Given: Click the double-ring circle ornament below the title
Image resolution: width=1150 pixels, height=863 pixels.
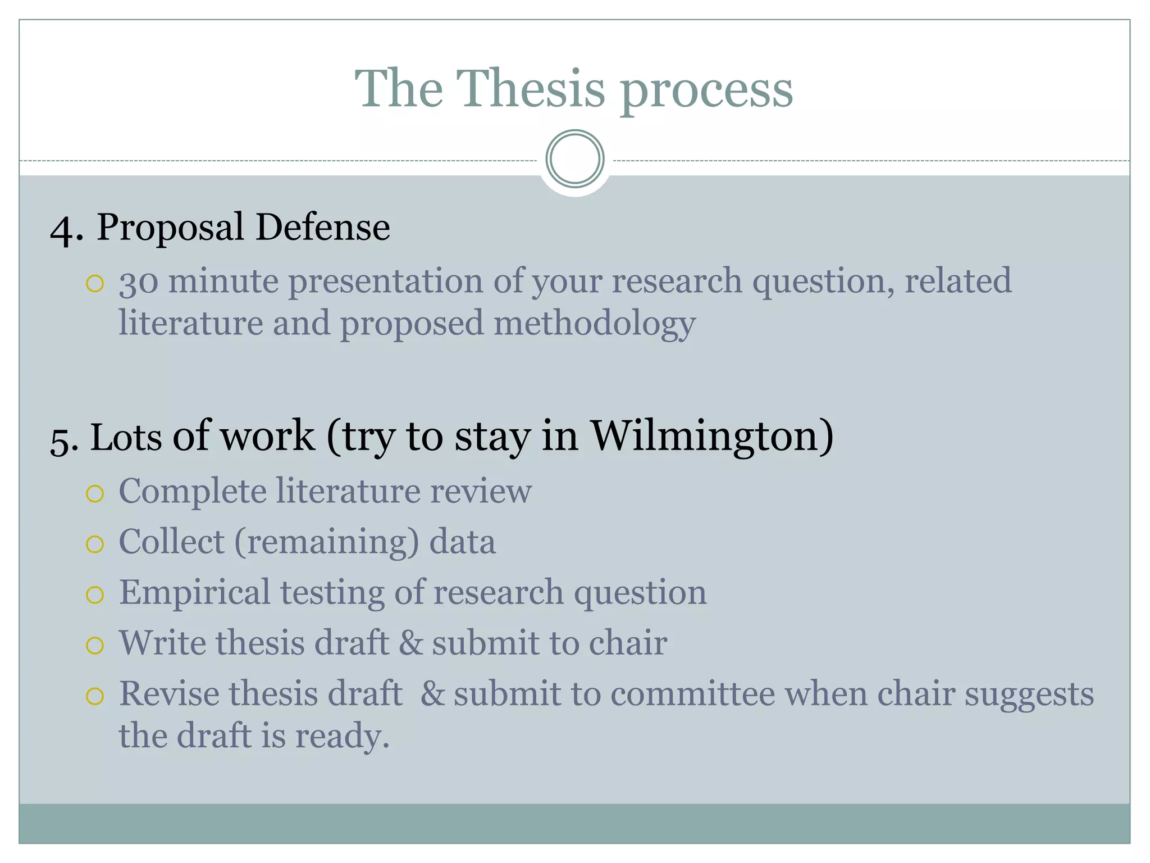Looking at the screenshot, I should coord(574,159).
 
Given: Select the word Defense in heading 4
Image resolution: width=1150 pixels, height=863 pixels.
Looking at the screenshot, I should coord(322,228).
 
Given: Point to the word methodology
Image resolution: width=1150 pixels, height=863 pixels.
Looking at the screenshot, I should coord(595,324).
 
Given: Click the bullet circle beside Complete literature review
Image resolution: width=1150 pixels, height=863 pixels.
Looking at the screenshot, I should coord(95,494).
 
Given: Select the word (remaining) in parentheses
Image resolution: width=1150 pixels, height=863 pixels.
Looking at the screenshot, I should coord(326,542).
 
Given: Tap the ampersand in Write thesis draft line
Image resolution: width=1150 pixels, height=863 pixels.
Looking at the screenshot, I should coord(410,643).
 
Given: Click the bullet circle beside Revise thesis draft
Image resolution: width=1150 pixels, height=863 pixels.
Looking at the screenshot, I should coord(95,696).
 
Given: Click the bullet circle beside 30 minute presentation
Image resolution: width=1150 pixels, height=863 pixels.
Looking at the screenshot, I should coord(95,284).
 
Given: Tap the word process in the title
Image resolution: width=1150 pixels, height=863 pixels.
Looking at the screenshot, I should coord(706,90).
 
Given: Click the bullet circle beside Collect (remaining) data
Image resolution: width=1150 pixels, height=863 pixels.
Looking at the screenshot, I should coord(95,544).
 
